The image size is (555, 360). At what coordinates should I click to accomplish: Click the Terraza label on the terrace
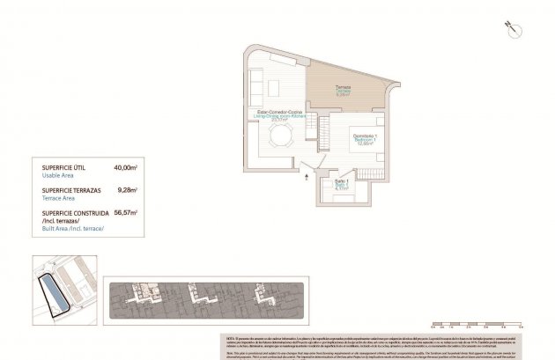pos(343,88)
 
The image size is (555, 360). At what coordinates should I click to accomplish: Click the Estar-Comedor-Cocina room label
pos(274,114)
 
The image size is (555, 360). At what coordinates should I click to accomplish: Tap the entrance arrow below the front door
pos(307,177)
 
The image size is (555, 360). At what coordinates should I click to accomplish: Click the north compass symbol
pos(509,27)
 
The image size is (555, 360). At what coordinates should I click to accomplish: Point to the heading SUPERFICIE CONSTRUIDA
pos(76,212)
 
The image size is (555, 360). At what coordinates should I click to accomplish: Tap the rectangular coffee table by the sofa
pos(273,86)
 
